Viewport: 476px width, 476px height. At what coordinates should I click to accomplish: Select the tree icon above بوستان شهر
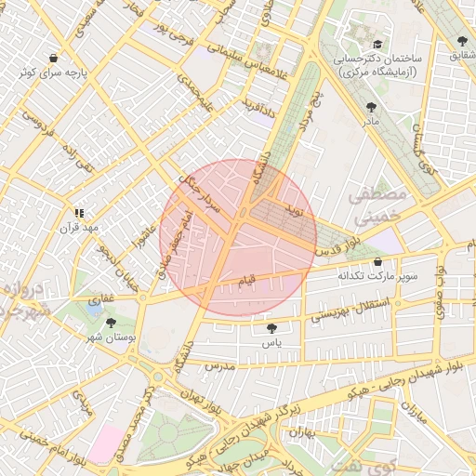112,322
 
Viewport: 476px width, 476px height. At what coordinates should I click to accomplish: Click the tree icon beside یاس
271,329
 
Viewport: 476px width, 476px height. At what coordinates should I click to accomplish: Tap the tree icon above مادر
372,107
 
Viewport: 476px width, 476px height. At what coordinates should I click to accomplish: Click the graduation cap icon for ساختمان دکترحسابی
377,44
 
